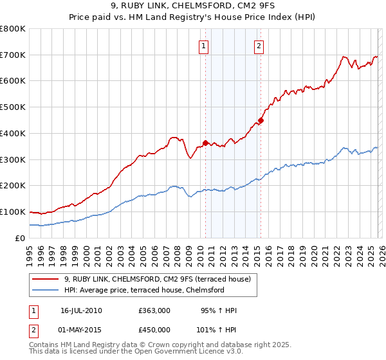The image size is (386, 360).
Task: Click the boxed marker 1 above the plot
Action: (203, 46)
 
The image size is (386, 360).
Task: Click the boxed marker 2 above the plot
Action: (259, 46)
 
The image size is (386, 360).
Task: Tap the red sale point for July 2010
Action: (205, 143)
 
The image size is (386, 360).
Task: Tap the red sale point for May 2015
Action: (261, 120)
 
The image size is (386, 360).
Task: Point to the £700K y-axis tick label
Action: (13, 55)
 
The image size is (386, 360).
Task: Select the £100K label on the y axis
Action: (13, 212)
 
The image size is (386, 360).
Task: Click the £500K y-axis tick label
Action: (13, 107)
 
